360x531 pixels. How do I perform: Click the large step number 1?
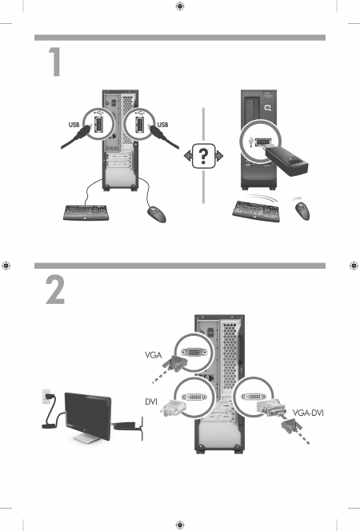click(x=55, y=62)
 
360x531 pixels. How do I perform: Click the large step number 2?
click(x=55, y=289)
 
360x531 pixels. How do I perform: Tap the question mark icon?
click(x=203, y=156)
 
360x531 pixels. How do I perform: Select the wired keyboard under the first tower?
click(x=86, y=213)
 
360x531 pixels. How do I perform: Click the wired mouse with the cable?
click(x=157, y=214)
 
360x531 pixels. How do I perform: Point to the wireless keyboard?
click(x=256, y=211)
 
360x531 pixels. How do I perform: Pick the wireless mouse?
click(x=302, y=210)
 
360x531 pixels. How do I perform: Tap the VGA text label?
click(x=154, y=355)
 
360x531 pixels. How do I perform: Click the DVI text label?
click(x=151, y=401)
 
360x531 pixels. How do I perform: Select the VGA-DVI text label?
click(x=308, y=413)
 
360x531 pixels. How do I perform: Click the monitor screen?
click(x=88, y=415)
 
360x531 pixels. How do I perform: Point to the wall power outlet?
click(x=46, y=396)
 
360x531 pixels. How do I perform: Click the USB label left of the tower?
click(x=74, y=125)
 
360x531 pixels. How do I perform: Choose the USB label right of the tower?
click(x=163, y=125)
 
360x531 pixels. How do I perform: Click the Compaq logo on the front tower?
click(x=268, y=108)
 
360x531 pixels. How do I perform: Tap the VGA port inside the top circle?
click(x=194, y=353)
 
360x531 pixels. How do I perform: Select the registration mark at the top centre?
click(x=180, y=6)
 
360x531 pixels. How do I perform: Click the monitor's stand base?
click(x=86, y=438)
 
